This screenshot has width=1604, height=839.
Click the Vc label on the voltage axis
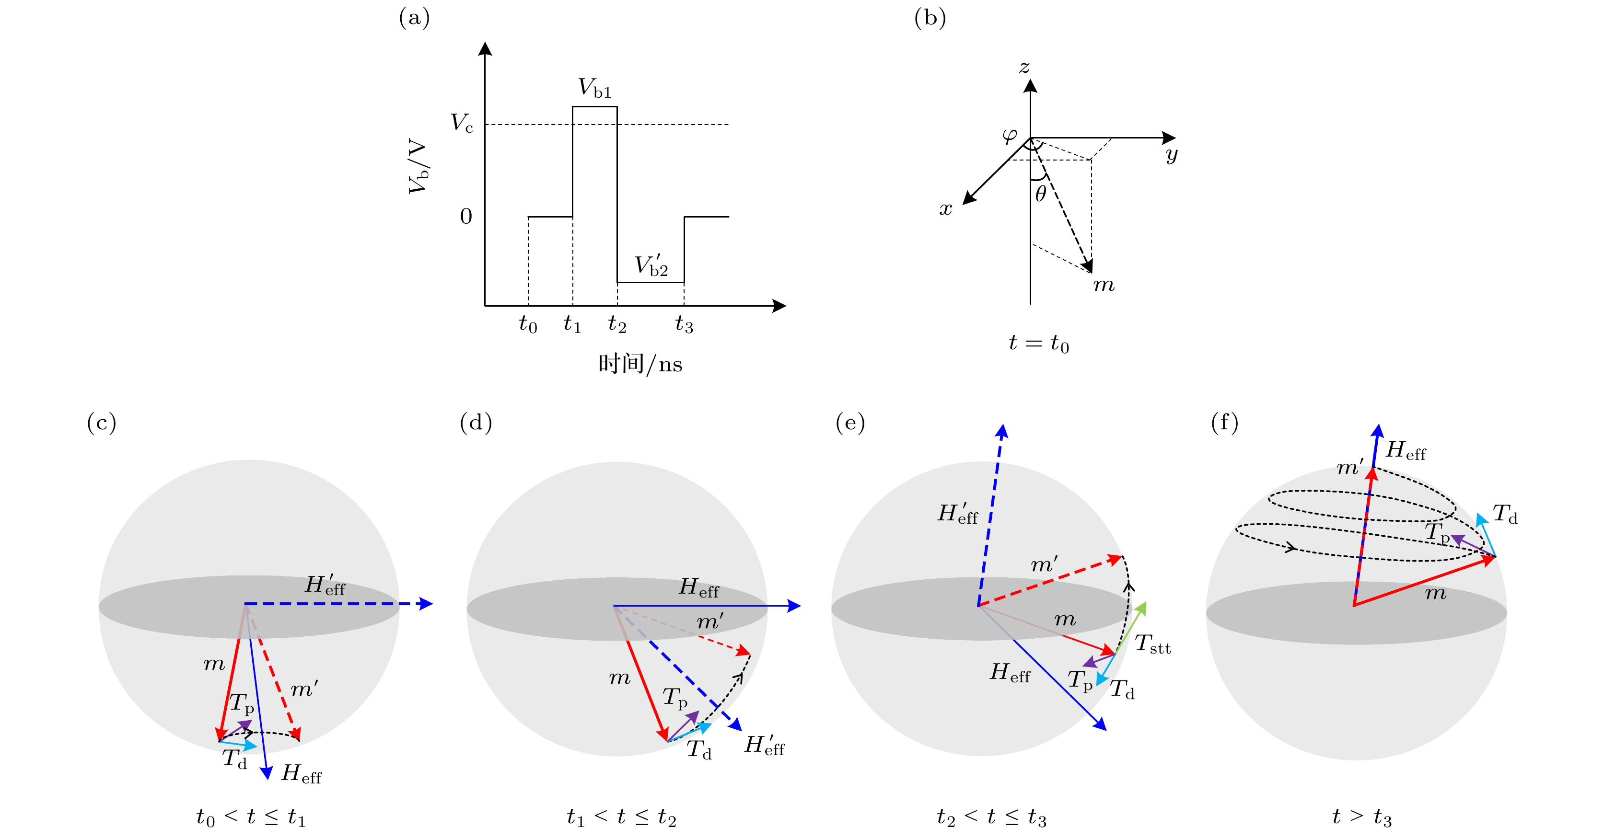(x=461, y=123)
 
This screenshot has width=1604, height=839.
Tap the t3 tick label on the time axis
(x=684, y=324)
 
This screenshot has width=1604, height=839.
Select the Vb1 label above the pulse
(x=594, y=88)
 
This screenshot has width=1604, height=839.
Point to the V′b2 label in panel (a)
(x=651, y=266)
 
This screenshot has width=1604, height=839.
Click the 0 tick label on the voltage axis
(x=466, y=217)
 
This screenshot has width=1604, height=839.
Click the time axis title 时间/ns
(x=639, y=364)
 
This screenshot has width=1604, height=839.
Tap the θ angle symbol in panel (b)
(x=1040, y=194)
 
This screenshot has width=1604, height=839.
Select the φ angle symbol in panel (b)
(x=1010, y=135)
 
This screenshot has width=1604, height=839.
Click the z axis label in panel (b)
(x=1024, y=67)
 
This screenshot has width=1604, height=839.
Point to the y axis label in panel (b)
(x=1171, y=154)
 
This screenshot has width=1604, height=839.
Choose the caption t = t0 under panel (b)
(x=1038, y=343)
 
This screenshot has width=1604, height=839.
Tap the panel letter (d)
(x=476, y=423)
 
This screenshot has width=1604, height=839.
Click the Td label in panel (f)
(x=1505, y=514)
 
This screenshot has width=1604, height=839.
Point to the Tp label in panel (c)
(x=242, y=703)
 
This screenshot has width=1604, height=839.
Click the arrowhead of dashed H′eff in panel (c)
(x=427, y=603)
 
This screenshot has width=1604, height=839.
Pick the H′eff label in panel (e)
(x=958, y=514)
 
